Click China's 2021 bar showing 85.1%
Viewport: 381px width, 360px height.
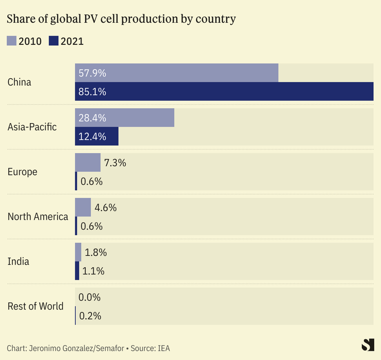click(224, 92)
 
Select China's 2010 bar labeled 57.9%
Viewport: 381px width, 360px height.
click(177, 73)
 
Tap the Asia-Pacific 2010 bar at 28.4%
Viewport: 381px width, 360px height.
click(125, 118)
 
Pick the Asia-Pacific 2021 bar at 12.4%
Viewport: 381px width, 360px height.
click(97, 137)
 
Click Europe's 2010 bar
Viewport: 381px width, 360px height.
click(88, 162)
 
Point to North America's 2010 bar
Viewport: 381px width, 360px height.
click(83, 207)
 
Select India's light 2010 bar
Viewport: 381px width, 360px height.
click(78, 252)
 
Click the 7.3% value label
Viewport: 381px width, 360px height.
click(114, 163)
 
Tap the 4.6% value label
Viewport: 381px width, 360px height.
click(105, 208)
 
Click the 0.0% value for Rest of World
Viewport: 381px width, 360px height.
click(90, 297)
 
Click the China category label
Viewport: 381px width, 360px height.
click(19, 82)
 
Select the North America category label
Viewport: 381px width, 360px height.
click(38, 217)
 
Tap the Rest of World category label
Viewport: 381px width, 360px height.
click(36, 306)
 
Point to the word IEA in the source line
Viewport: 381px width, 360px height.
click(163, 348)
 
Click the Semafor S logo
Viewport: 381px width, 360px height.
click(368, 346)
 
